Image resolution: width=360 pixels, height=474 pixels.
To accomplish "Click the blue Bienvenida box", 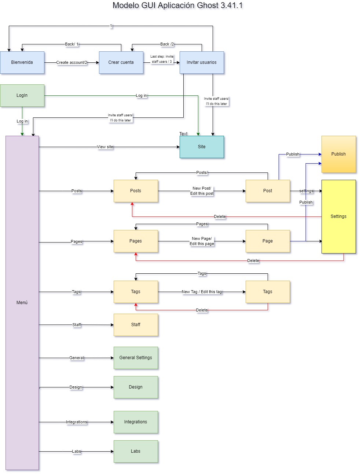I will click(22, 62).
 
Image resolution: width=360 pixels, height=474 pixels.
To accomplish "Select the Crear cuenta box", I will click(121, 62).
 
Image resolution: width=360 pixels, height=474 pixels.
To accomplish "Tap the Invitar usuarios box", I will click(201, 62).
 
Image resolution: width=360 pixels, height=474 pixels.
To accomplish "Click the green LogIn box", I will click(22, 95).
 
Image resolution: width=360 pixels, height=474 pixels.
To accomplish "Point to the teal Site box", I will click(202, 147).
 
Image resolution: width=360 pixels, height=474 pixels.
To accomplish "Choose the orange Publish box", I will click(338, 154).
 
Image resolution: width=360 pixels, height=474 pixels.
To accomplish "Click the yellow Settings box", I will click(338, 216).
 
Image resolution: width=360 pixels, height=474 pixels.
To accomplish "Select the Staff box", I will click(136, 325).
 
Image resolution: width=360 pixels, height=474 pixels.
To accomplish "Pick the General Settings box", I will click(136, 358).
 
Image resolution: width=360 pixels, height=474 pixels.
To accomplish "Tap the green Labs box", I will click(136, 451).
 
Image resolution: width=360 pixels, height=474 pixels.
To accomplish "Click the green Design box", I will click(136, 387).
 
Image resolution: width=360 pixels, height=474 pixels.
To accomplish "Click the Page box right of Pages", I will click(268, 241).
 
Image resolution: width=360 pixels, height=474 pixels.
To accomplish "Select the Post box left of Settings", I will click(268, 191).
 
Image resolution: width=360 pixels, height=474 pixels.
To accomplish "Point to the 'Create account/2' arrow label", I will click(71, 63).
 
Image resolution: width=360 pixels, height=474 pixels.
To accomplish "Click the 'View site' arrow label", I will click(105, 147).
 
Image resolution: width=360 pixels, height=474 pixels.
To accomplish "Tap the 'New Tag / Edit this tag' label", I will click(202, 292).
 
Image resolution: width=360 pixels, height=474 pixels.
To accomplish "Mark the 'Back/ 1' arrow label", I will click(72, 44).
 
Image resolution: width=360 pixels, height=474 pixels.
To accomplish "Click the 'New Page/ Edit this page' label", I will click(202, 241).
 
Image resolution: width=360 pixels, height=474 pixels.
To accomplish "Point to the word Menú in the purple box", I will click(22, 303).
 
